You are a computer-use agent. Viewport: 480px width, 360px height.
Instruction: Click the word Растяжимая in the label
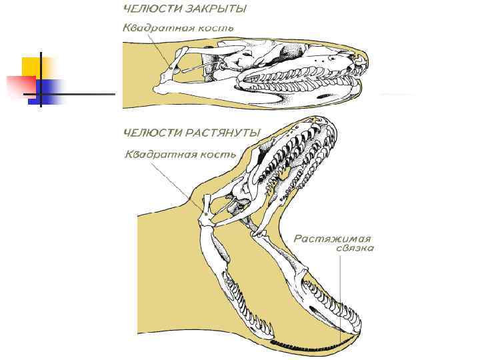[x=333, y=238]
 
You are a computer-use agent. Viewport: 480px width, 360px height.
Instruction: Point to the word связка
[x=355, y=249]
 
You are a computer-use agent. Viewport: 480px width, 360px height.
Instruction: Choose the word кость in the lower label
[x=218, y=155]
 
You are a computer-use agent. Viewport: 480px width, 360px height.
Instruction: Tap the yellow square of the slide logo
[x=33, y=67]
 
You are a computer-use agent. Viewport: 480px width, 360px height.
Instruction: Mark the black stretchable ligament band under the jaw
[x=313, y=343]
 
